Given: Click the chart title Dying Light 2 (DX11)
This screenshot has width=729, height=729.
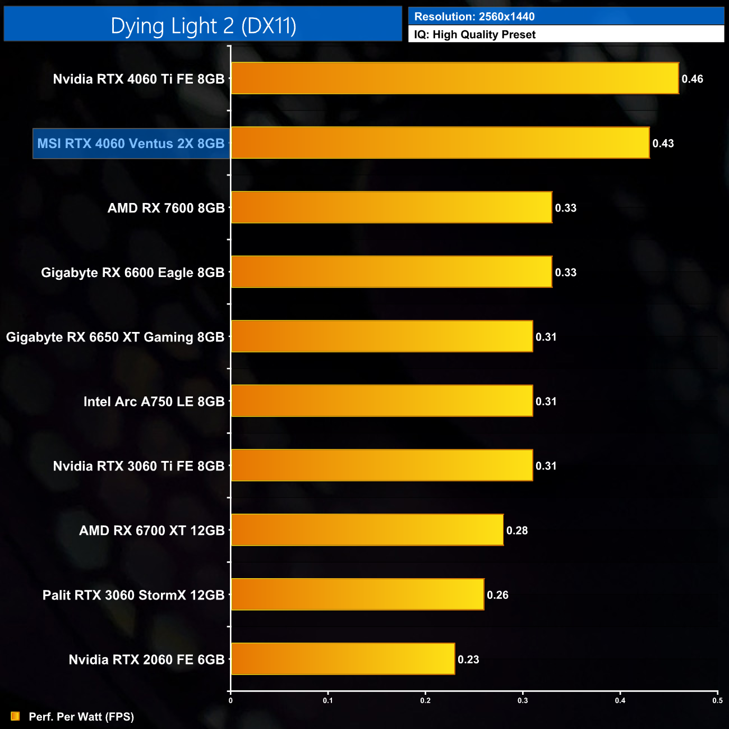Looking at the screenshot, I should (x=203, y=26).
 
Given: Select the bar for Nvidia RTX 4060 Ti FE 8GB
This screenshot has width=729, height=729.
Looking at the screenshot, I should (x=455, y=79).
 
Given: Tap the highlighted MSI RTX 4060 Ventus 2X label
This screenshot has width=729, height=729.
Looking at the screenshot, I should (x=131, y=144).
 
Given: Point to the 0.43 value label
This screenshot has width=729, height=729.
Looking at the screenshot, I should (x=663, y=144).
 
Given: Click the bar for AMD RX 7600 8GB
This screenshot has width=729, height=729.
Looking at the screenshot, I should (x=391, y=207).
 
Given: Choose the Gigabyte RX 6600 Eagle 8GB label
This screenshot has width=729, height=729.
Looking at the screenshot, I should (x=132, y=273).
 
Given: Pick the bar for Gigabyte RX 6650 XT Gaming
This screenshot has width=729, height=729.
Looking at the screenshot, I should (x=382, y=336).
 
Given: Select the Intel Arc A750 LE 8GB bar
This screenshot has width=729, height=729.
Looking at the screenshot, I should (x=382, y=401).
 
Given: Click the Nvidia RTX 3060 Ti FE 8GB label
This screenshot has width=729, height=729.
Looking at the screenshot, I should (x=139, y=466).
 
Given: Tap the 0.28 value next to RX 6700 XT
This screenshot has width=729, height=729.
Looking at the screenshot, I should (x=516, y=530).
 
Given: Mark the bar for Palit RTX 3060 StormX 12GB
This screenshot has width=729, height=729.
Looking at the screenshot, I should (x=357, y=594).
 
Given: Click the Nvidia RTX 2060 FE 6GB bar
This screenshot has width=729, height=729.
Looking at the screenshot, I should (x=343, y=659).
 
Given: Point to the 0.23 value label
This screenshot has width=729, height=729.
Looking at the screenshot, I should (x=468, y=659).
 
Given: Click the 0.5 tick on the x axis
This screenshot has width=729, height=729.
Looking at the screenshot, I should (x=717, y=700).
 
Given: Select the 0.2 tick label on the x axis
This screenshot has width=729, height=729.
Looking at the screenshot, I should (x=425, y=700).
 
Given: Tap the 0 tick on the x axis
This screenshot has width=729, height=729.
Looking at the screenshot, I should (x=230, y=700).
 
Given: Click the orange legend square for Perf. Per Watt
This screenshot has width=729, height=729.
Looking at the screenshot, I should (x=15, y=716).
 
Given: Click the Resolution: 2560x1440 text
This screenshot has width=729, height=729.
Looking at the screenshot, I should (x=474, y=16).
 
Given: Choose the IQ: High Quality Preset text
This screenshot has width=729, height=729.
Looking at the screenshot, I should (x=474, y=34).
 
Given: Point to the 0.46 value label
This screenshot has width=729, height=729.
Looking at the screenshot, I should (x=692, y=79).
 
